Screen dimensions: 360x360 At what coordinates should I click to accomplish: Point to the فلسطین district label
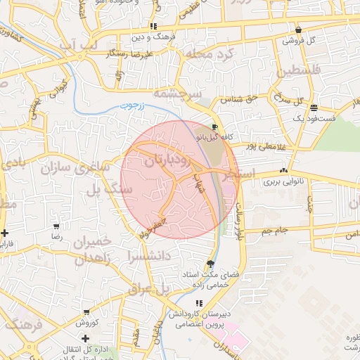(x=297, y=70)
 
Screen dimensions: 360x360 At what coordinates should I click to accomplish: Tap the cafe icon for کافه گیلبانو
(x=214, y=128)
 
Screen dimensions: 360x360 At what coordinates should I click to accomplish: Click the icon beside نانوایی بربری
(x=283, y=170)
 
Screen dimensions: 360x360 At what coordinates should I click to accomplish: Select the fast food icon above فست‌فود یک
(x=313, y=108)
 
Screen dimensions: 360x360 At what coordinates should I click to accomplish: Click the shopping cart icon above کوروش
(x=86, y=312)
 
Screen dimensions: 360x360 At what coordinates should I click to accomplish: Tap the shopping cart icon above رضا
(x=56, y=227)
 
